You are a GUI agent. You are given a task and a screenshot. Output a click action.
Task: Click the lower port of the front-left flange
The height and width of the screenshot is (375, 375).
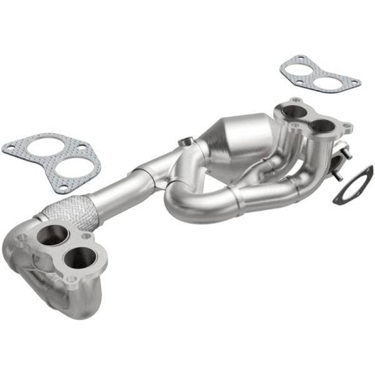(x=79, y=257)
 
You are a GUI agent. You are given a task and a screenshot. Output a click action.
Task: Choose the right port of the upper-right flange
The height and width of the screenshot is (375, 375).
(x=322, y=126)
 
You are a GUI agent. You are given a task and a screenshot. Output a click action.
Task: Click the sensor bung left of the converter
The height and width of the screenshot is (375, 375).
(x=185, y=142)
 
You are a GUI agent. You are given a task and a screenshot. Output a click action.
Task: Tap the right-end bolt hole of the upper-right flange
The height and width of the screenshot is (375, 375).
(x=344, y=129)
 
